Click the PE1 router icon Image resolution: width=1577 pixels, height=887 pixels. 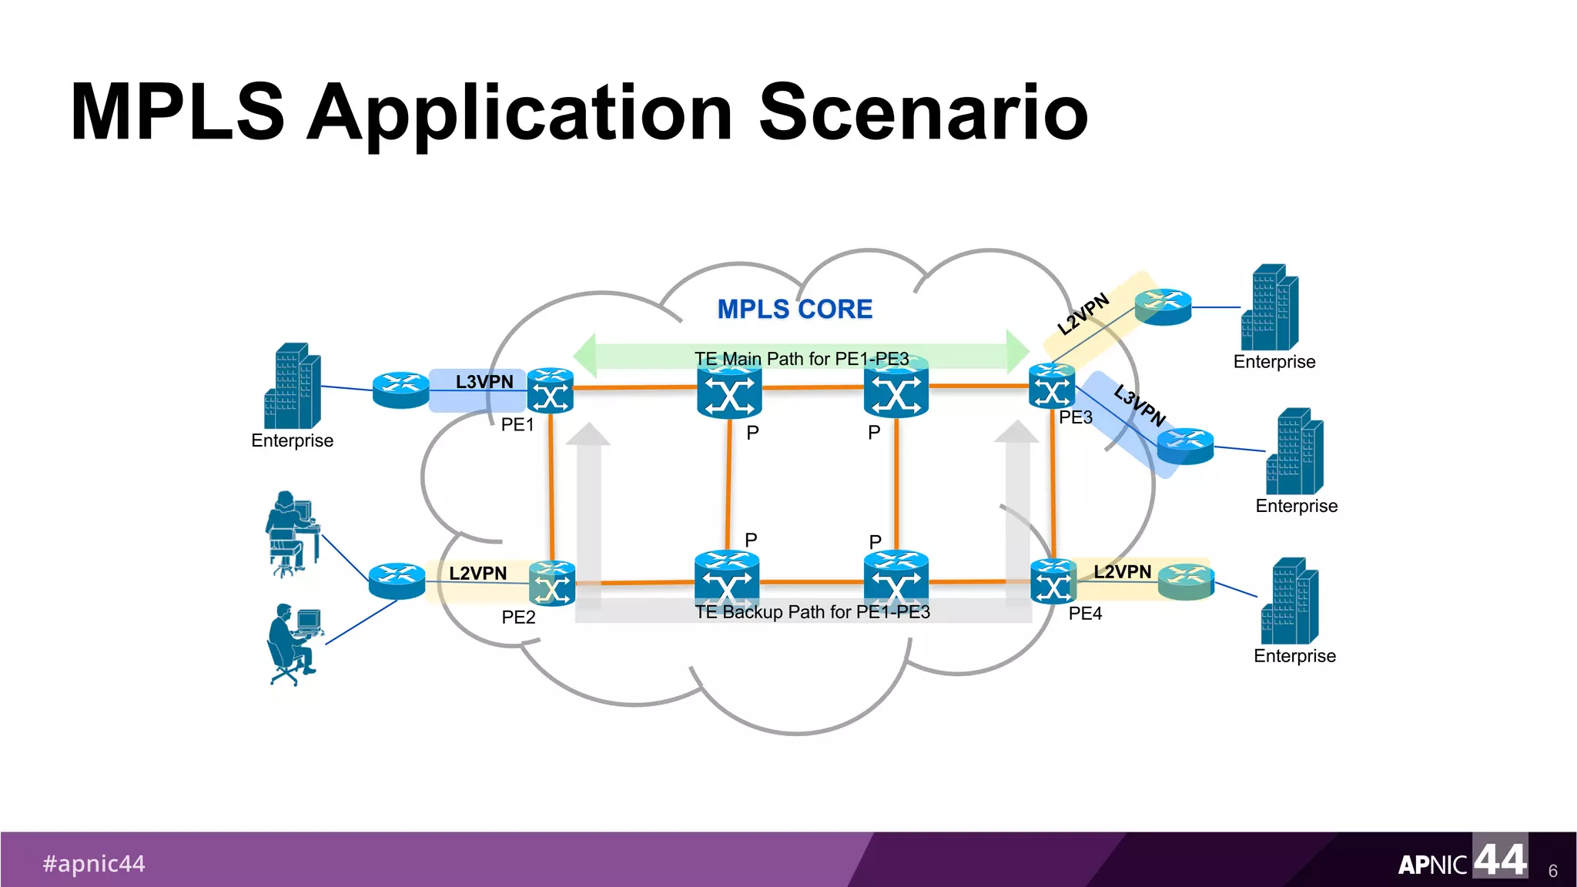click(x=551, y=391)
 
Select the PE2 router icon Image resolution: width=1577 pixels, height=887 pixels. click(x=552, y=584)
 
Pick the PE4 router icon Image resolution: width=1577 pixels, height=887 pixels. click(x=1053, y=581)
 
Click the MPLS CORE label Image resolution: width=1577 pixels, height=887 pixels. click(x=795, y=310)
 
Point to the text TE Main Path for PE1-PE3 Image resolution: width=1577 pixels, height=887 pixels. click(x=802, y=359)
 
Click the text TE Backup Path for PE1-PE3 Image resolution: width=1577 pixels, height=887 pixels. click(x=812, y=612)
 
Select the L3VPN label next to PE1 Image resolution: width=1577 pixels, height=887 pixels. click(x=484, y=382)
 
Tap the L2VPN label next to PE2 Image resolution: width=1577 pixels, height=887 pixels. click(x=477, y=574)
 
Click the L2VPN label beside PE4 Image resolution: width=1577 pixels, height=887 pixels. click(x=1122, y=572)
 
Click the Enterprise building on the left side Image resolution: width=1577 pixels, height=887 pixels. click(x=293, y=387)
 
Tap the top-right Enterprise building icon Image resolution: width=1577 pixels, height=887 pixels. click(x=1270, y=308)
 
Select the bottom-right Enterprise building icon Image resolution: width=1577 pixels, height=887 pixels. click(x=1290, y=602)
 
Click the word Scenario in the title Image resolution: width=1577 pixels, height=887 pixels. click(x=922, y=113)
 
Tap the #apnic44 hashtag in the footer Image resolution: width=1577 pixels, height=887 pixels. click(x=94, y=864)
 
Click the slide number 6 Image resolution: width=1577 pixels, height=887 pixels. click(x=1552, y=871)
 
